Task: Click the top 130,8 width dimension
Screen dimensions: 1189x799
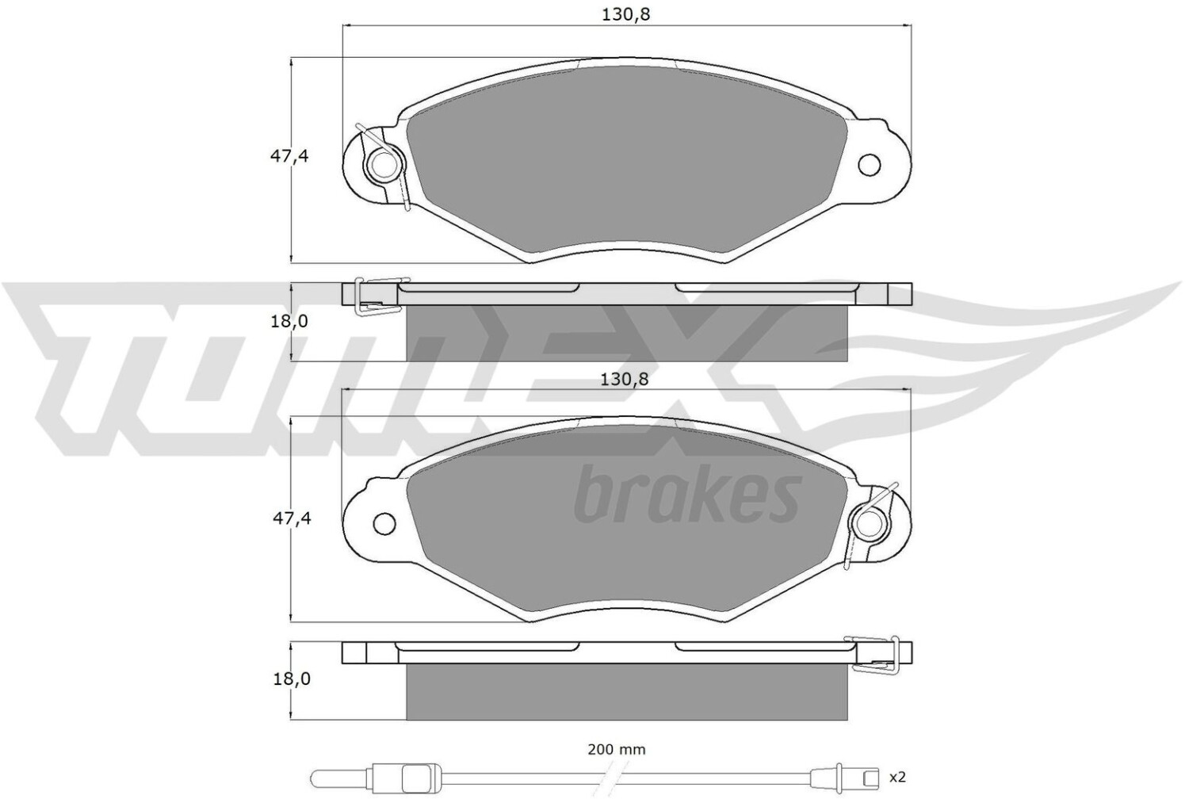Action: pos(626,15)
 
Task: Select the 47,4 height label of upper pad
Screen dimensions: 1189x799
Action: pos(289,157)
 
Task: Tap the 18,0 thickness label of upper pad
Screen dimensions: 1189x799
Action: pos(290,322)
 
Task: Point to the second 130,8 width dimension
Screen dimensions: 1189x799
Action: pos(625,380)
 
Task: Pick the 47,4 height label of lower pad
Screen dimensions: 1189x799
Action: pos(292,518)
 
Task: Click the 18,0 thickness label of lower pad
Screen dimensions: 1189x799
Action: pos(291,679)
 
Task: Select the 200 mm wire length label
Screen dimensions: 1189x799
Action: pos(617,750)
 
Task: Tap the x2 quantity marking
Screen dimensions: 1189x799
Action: pos(897,778)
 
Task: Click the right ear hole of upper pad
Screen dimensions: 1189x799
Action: pos(870,165)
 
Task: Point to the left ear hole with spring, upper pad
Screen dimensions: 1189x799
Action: pos(381,165)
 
